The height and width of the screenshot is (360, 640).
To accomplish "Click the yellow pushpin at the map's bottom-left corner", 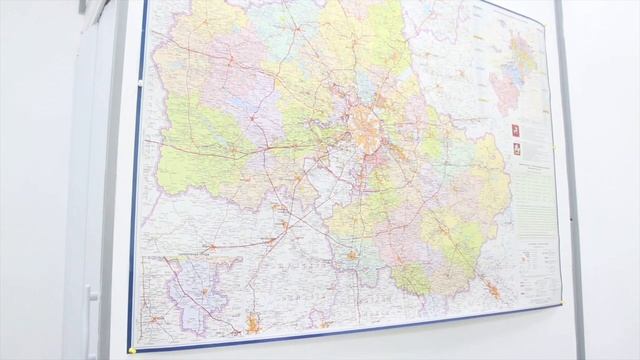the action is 130,350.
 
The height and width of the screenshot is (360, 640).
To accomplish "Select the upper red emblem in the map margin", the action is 516,132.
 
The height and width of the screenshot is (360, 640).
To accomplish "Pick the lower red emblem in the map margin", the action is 517,149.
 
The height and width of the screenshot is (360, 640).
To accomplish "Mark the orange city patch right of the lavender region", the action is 253,323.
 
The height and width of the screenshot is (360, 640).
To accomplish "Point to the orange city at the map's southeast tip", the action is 492,290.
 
